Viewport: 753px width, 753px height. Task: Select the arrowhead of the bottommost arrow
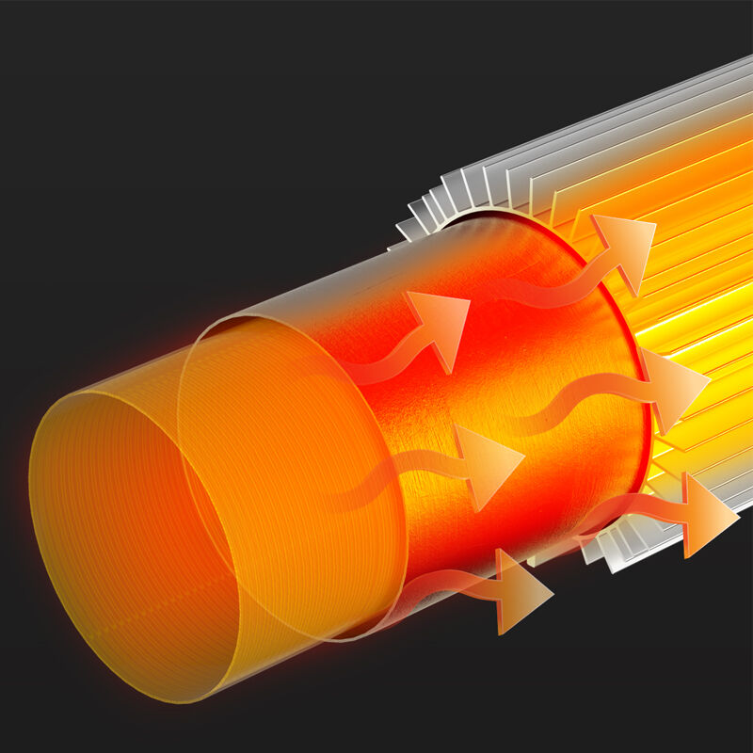pos(522,591)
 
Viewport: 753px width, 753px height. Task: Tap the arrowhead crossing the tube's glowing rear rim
pos(673,386)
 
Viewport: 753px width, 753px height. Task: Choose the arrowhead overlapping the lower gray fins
pos(706,513)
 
